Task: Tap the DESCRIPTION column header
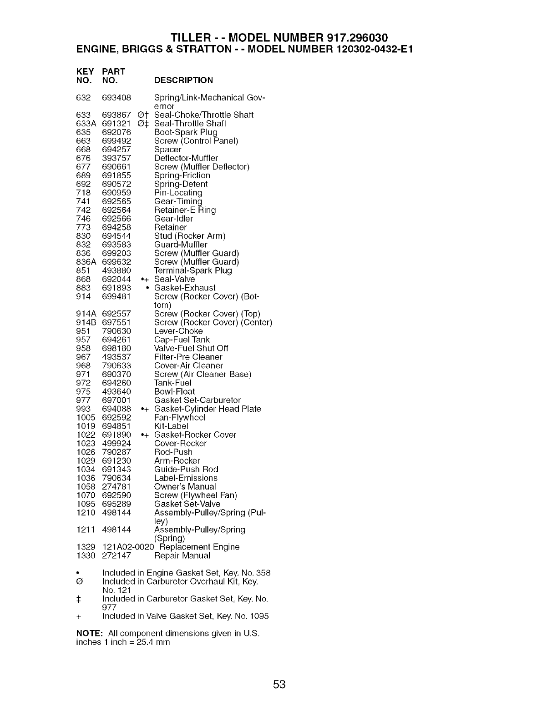pos(183,80)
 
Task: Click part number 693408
pos(116,98)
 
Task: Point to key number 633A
pos(86,124)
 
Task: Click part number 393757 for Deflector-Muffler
pos(116,158)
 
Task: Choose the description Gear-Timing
pos(178,201)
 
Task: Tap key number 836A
pos(86,262)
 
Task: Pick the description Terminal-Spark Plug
pos(193,270)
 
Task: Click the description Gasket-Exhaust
pos(185,288)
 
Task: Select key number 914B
pos(86,322)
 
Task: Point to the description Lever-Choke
pos(178,331)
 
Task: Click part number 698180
pos(116,348)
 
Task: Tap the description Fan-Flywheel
pos(180,417)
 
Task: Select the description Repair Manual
pos(182,555)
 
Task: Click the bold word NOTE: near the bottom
pos(90,633)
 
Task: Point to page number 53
pos(279,684)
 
